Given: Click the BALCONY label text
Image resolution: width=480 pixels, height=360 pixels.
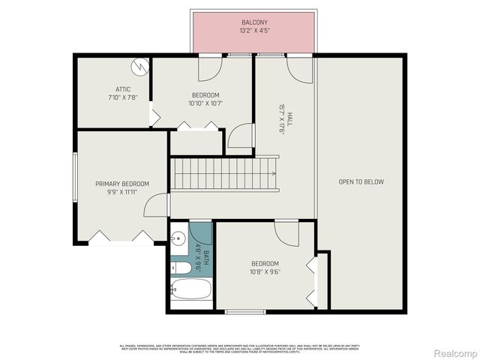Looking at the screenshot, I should click(253, 22).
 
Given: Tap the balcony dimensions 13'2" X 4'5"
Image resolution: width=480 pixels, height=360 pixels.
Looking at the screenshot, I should click(253, 31).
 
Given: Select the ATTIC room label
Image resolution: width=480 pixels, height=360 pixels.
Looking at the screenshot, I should click(113, 89).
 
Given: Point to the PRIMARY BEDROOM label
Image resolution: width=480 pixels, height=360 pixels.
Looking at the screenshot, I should click(121, 184).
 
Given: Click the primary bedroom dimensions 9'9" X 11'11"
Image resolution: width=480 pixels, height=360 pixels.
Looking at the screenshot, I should click(121, 192).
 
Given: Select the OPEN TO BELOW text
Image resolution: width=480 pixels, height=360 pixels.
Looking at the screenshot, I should click(361, 181).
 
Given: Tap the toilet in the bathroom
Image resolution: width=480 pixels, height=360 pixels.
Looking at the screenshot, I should click(178, 265).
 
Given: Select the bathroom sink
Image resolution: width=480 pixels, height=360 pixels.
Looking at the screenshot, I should click(178, 239).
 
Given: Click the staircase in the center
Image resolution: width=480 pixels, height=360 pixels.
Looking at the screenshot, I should click(223, 173).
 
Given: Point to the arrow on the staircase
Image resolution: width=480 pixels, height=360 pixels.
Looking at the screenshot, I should click(273, 173).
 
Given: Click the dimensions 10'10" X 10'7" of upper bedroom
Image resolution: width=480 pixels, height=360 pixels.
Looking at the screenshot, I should click(205, 103).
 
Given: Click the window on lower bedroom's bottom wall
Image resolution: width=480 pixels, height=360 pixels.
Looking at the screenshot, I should click(245, 311).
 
